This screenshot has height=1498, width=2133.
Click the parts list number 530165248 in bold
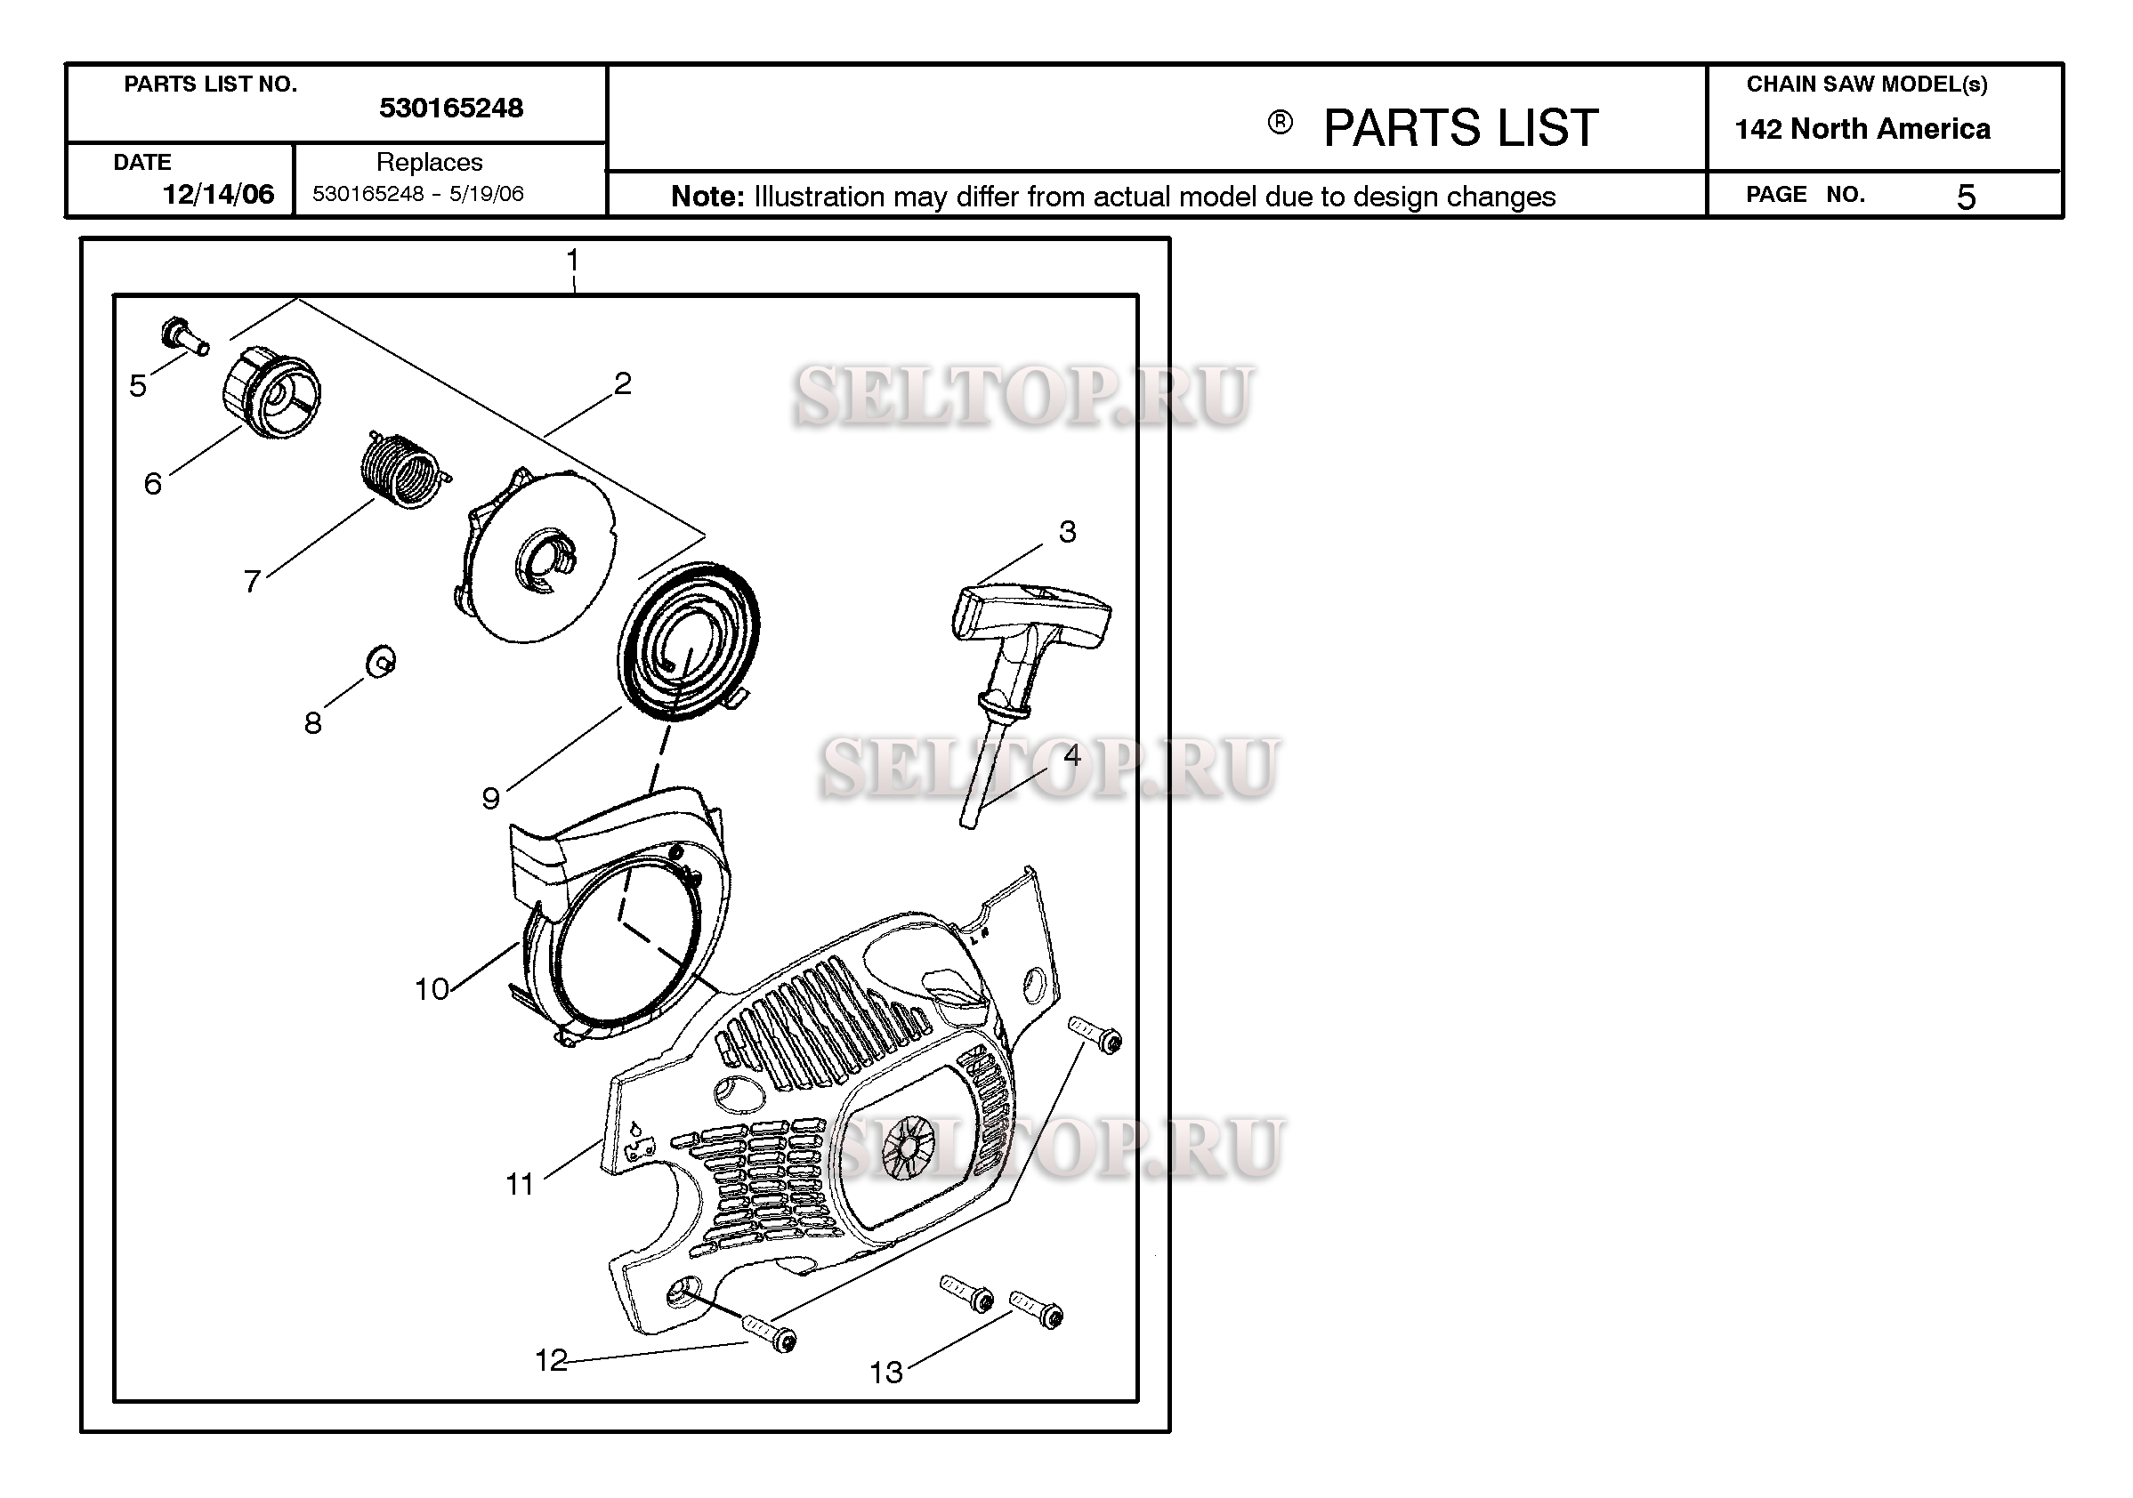(x=450, y=109)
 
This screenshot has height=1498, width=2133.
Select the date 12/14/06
(x=218, y=194)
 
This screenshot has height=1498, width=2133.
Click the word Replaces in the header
(x=429, y=162)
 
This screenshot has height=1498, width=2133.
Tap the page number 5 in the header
(x=1966, y=197)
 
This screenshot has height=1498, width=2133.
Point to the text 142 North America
(x=1862, y=128)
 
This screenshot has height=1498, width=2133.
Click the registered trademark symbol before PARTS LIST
(x=1281, y=123)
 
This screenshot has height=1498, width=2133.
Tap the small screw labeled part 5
(x=185, y=335)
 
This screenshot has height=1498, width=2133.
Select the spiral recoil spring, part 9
(x=688, y=640)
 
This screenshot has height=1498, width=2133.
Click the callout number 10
(x=432, y=989)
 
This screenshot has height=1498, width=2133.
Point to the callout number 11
(x=521, y=1184)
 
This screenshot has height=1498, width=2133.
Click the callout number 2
(x=622, y=383)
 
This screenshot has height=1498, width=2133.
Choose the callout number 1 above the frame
(x=573, y=259)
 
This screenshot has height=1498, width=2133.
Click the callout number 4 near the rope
(x=1072, y=756)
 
